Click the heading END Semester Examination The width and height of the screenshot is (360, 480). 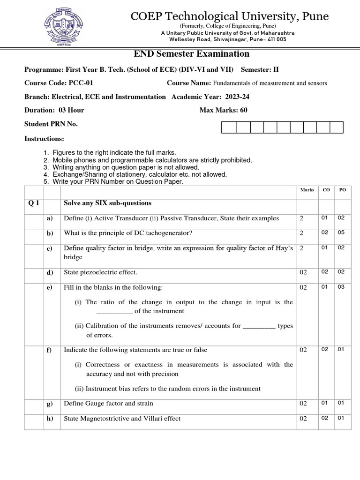[x=192, y=54]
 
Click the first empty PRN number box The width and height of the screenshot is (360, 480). [x=229, y=127]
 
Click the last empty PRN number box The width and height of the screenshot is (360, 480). [x=337, y=127]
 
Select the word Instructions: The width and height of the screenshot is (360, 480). [x=44, y=139]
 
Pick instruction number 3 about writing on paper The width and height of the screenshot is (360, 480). [x=126, y=167]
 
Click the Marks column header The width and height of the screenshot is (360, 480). [x=307, y=190]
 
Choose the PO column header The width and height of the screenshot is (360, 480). [x=342, y=190]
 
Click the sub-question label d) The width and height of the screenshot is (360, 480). [x=50, y=272]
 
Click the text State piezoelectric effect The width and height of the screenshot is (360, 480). [x=100, y=272]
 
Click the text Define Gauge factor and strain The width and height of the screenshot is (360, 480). [x=108, y=403]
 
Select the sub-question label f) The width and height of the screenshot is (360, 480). [x=49, y=350]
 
